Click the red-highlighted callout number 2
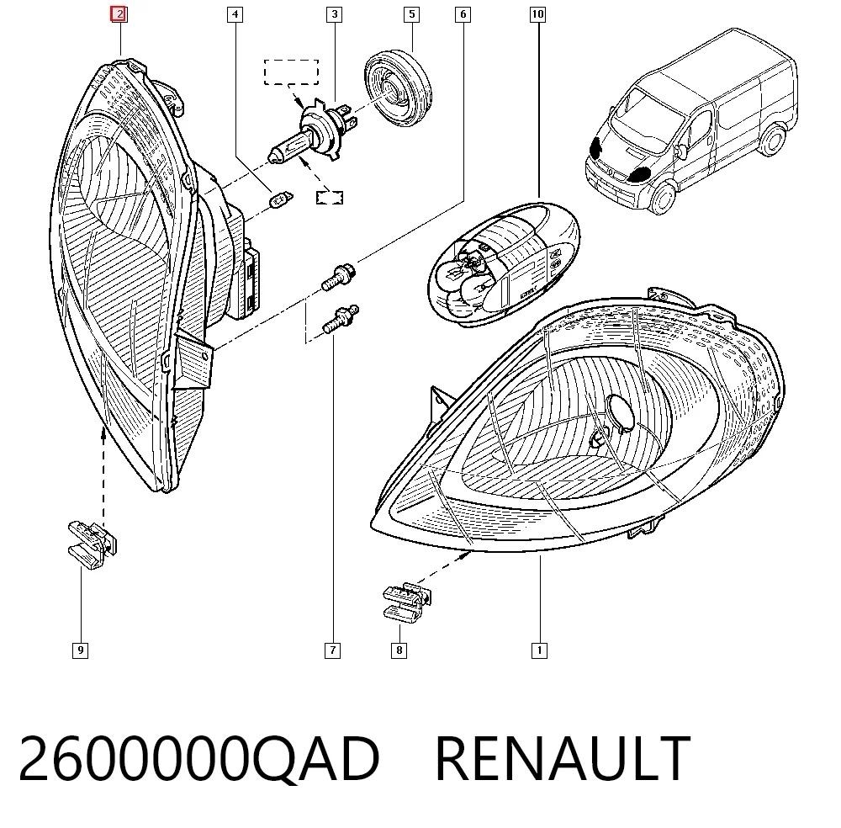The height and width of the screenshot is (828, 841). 119,14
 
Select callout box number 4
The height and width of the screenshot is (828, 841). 235,14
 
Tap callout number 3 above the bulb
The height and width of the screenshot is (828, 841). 335,14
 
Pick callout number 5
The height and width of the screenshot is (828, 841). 412,14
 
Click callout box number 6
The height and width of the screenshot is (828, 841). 463,14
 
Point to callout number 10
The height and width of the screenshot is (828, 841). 538,14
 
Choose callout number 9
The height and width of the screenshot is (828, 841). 81,650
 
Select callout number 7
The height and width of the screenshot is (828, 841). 332,650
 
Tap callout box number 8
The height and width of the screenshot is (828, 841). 399,650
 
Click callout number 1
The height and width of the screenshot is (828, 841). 540,650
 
